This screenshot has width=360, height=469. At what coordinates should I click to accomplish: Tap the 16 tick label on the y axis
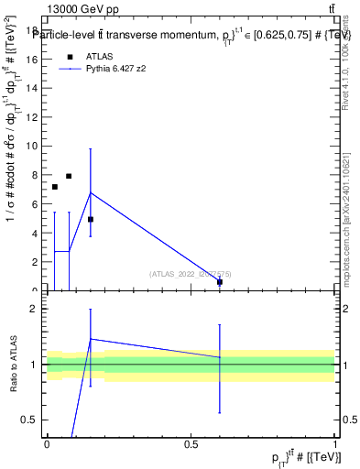(33, 59)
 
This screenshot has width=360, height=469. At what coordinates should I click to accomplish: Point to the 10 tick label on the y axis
(33, 146)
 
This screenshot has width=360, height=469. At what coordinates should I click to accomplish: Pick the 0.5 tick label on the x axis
(191, 443)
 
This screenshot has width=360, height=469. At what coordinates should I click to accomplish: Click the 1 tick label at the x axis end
(335, 443)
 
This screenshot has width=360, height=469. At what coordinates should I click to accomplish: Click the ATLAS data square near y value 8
(69, 176)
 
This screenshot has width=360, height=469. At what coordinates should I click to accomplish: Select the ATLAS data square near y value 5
(91, 220)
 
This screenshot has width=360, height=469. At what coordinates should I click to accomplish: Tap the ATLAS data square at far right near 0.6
(220, 282)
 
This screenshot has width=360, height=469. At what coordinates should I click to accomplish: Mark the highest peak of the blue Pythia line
(91, 192)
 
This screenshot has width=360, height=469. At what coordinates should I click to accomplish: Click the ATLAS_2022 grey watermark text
(191, 273)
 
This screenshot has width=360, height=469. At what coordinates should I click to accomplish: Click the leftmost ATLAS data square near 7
(54, 187)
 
